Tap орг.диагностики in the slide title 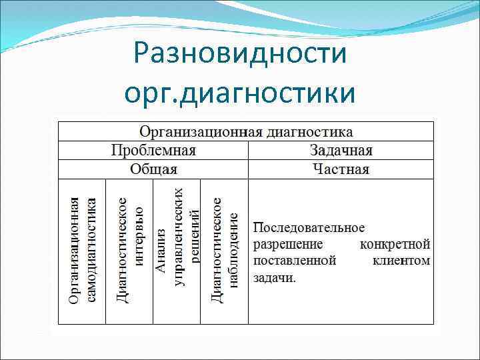click(x=240, y=93)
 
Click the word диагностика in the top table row click(x=309, y=132)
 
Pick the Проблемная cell click(x=153, y=150)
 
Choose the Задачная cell click(x=341, y=150)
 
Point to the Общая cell click(x=153, y=169)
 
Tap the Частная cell click(x=341, y=169)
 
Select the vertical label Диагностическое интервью click(x=131, y=251)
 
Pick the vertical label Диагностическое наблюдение click(x=225, y=251)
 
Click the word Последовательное click(x=309, y=228)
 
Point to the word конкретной click(x=395, y=244)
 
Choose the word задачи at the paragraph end click(x=274, y=277)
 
